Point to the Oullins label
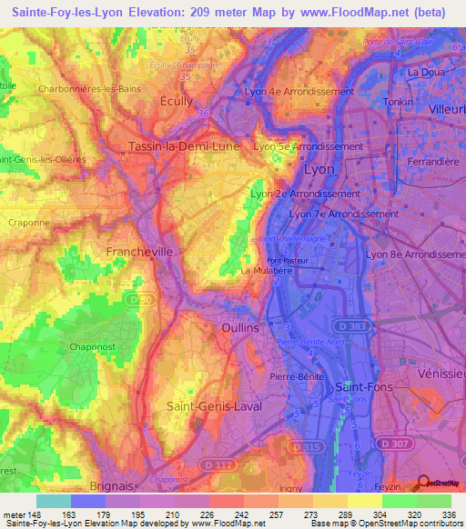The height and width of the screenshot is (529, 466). [240, 327]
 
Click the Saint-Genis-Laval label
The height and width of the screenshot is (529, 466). [215, 406]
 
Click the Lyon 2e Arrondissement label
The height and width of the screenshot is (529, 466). [305, 194]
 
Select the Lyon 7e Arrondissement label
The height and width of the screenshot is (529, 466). [343, 214]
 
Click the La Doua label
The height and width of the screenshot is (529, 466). [425, 73]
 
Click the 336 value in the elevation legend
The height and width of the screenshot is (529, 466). [449, 515]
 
